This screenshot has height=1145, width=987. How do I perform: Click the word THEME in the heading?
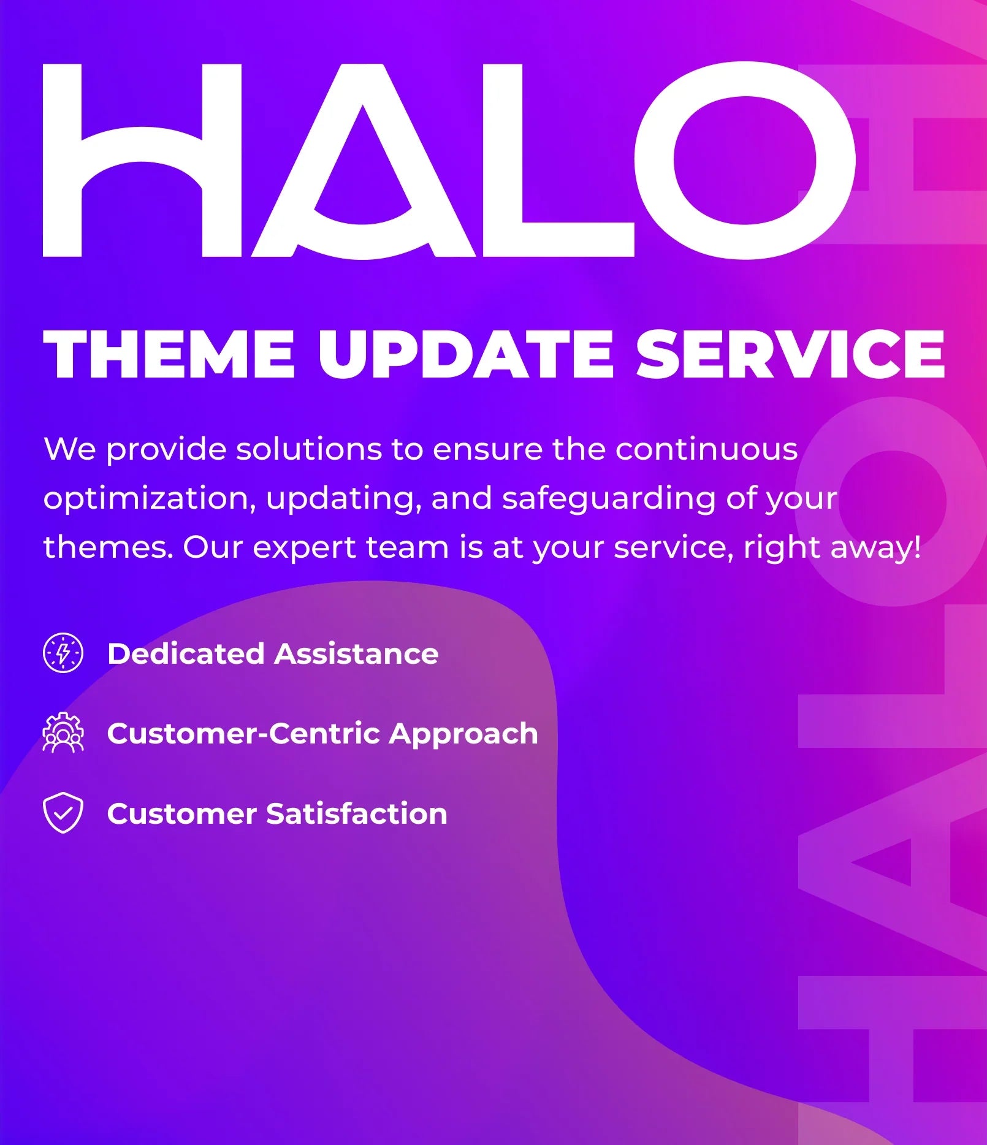[x=170, y=354]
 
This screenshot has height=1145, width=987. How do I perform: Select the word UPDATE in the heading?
[x=465, y=354]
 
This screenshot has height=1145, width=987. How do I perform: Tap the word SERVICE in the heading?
[x=791, y=354]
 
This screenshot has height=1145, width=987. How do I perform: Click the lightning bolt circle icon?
[x=63, y=653]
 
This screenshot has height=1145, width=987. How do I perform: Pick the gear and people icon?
[x=63, y=732]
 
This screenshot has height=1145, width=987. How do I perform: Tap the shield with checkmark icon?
[x=63, y=813]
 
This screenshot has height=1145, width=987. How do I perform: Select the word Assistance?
[x=357, y=653]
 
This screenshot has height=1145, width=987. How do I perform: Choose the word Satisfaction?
[x=357, y=813]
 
